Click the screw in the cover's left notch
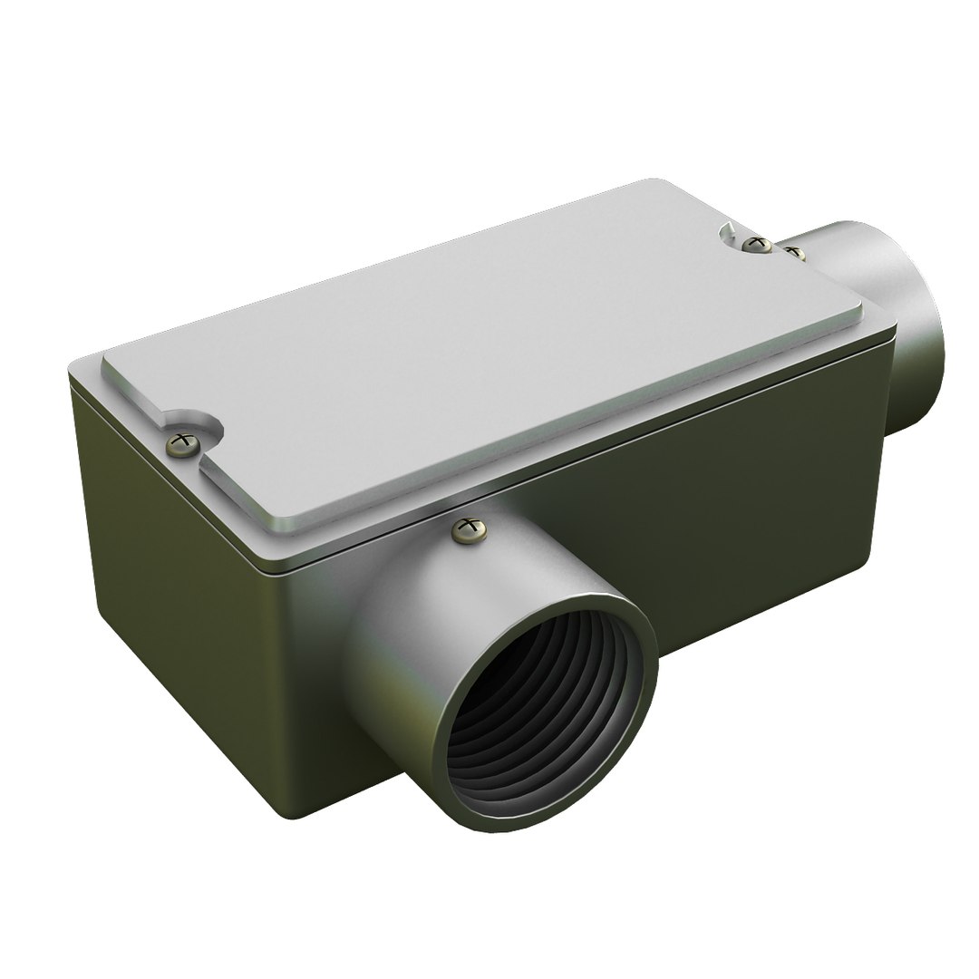click(184, 442)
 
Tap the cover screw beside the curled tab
click(751, 243)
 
